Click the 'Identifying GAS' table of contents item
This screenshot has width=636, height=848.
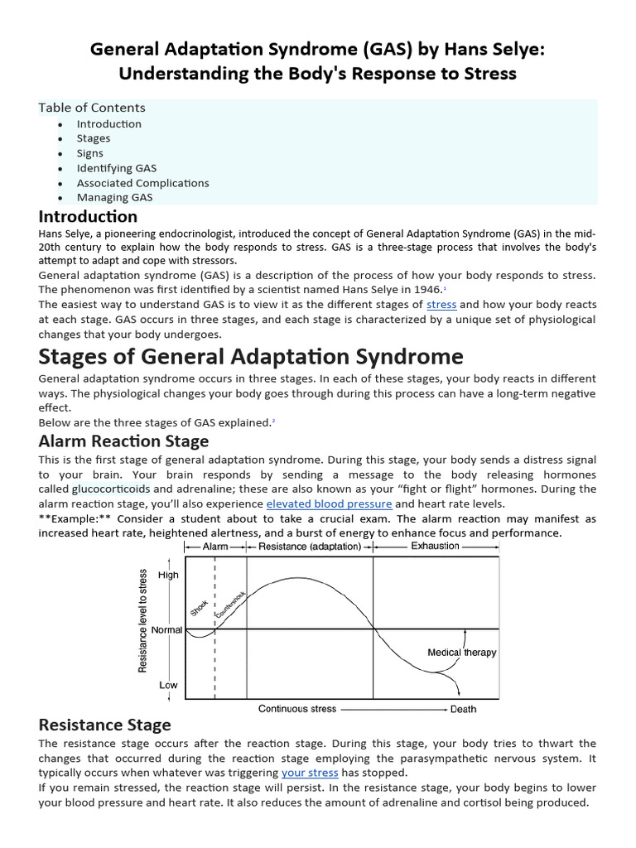(116, 168)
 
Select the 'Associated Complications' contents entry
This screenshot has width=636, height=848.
(142, 183)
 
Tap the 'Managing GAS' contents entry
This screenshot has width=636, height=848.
(114, 198)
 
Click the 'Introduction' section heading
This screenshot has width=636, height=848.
(88, 217)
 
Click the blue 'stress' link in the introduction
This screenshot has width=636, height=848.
(441, 305)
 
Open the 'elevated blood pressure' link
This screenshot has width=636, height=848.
(329, 503)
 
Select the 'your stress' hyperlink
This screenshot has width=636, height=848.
(310, 773)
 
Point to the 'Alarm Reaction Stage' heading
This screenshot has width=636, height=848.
(123, 441)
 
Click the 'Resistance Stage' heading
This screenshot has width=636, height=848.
(104, 725)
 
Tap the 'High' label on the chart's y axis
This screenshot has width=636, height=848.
(168, 576)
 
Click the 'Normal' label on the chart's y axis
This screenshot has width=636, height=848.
(167, 630)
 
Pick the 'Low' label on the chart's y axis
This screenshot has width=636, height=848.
(168, 686)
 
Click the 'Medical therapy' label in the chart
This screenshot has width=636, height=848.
(461, 653)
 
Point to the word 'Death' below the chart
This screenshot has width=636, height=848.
(463, 710)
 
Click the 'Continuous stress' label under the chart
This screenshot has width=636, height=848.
(296, 709)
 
